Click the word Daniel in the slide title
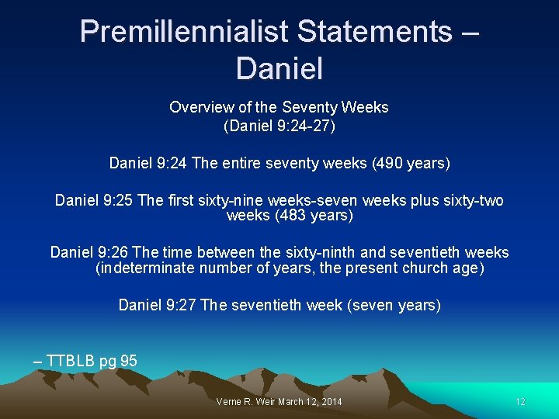tap(279, 68)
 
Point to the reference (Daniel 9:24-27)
tap(279, 125)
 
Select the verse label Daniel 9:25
tap(93, 201)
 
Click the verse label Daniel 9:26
tap(89, 252)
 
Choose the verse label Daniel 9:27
tap(158, 305)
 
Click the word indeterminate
tap(145, 268)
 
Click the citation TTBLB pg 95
tap(92, 361)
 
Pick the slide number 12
tap(520, 402)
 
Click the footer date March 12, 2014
tap(314, 402)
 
